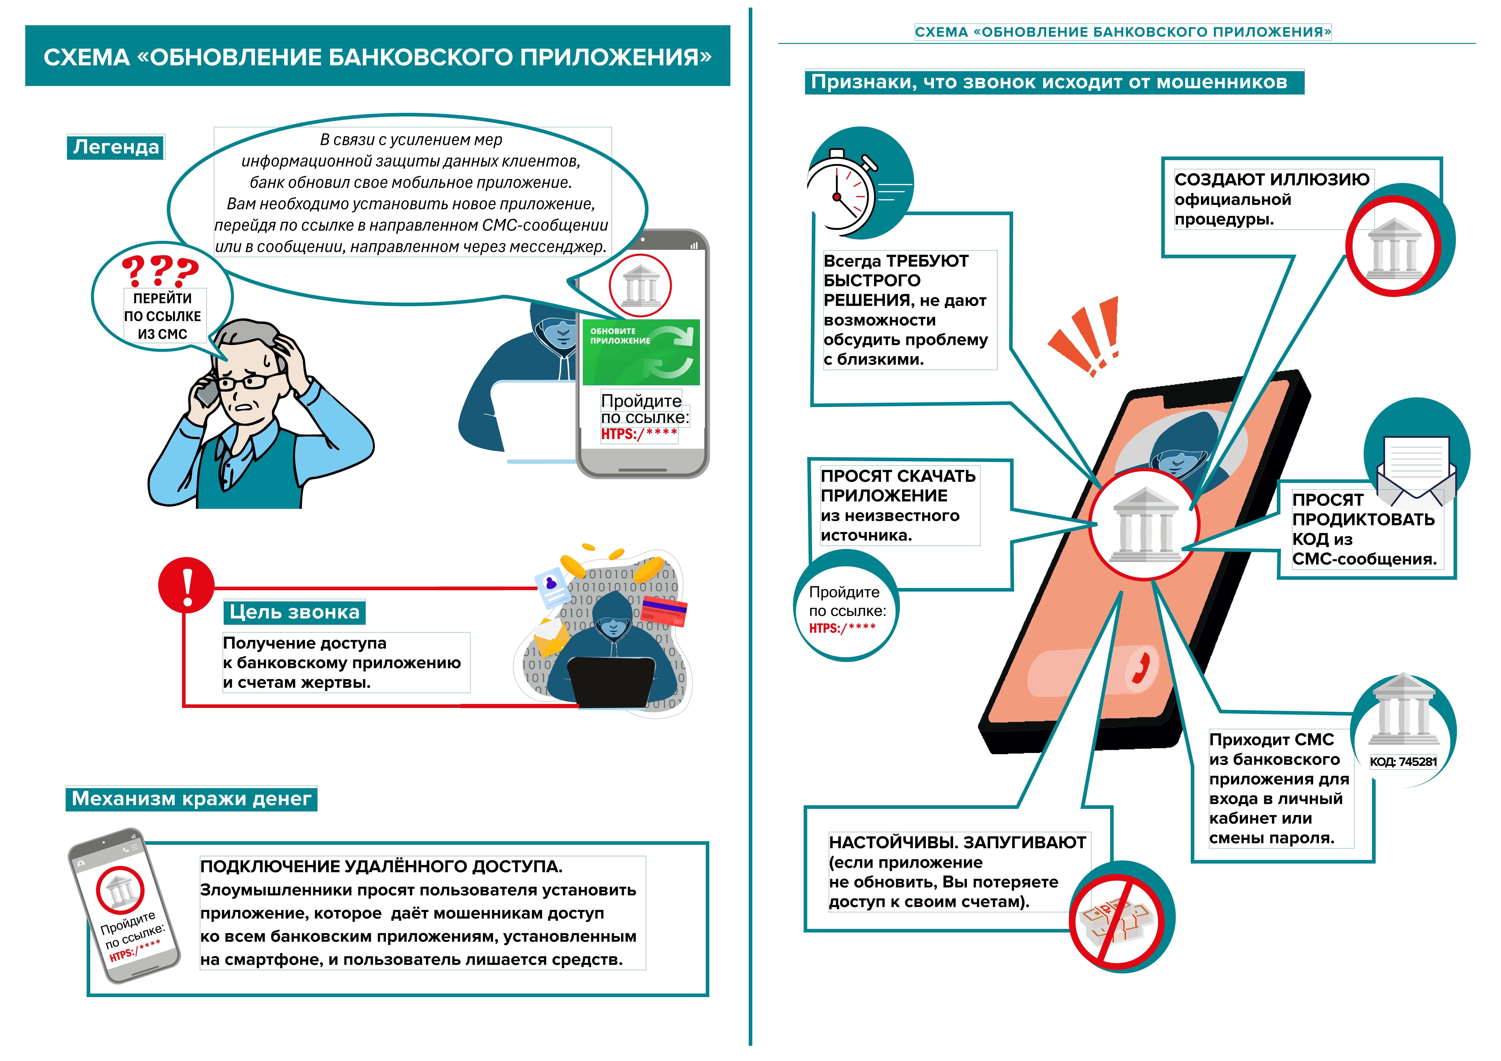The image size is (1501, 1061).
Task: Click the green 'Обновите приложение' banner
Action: (x=641, y=352)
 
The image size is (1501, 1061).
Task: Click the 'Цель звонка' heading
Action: (x=294, y=612)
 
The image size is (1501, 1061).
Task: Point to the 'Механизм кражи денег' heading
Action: (x=191, y=798)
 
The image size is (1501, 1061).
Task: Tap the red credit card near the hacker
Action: (x=664, y=611)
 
